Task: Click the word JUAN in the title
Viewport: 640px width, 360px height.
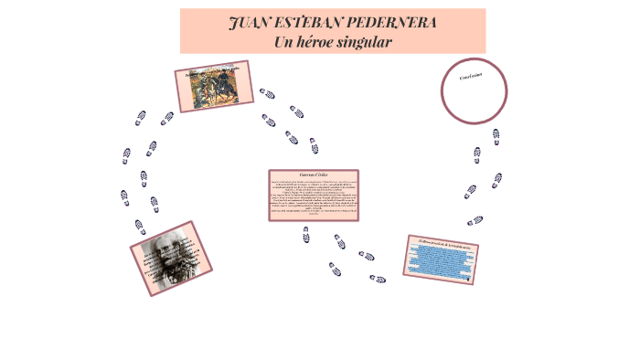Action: [x=250, y=22]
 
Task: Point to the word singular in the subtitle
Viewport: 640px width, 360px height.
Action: [x=366, y=42]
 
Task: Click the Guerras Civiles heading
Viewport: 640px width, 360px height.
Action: [x=313, y=175]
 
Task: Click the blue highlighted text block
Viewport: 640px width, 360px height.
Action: [x=442, y=262]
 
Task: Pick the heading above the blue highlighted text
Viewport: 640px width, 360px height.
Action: [x=443, y=246]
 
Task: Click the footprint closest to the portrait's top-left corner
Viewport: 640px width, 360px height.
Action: [x=140, y=226]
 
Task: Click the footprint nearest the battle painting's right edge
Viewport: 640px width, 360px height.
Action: [x=267, y=93]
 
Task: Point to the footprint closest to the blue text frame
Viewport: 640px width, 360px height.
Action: [x=377, y=278]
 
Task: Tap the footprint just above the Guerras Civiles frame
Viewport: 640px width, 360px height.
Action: [x=314, y=145]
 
